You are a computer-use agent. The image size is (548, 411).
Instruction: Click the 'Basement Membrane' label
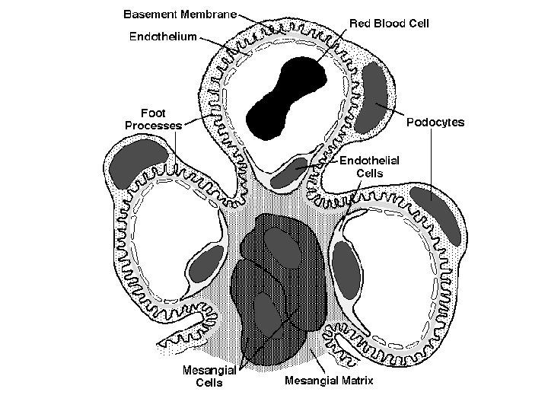180,14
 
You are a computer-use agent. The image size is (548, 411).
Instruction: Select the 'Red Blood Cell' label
390,24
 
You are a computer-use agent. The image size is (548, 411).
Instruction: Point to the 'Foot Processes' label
153,119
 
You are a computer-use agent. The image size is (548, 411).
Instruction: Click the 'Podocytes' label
435,122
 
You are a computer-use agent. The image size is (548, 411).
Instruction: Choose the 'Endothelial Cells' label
369,166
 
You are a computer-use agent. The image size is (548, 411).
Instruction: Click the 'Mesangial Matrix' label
329,380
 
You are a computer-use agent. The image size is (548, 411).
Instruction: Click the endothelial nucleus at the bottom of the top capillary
289,173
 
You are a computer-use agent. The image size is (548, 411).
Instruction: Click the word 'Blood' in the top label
392,24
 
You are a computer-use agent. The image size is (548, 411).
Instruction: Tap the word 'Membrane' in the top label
208,14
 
